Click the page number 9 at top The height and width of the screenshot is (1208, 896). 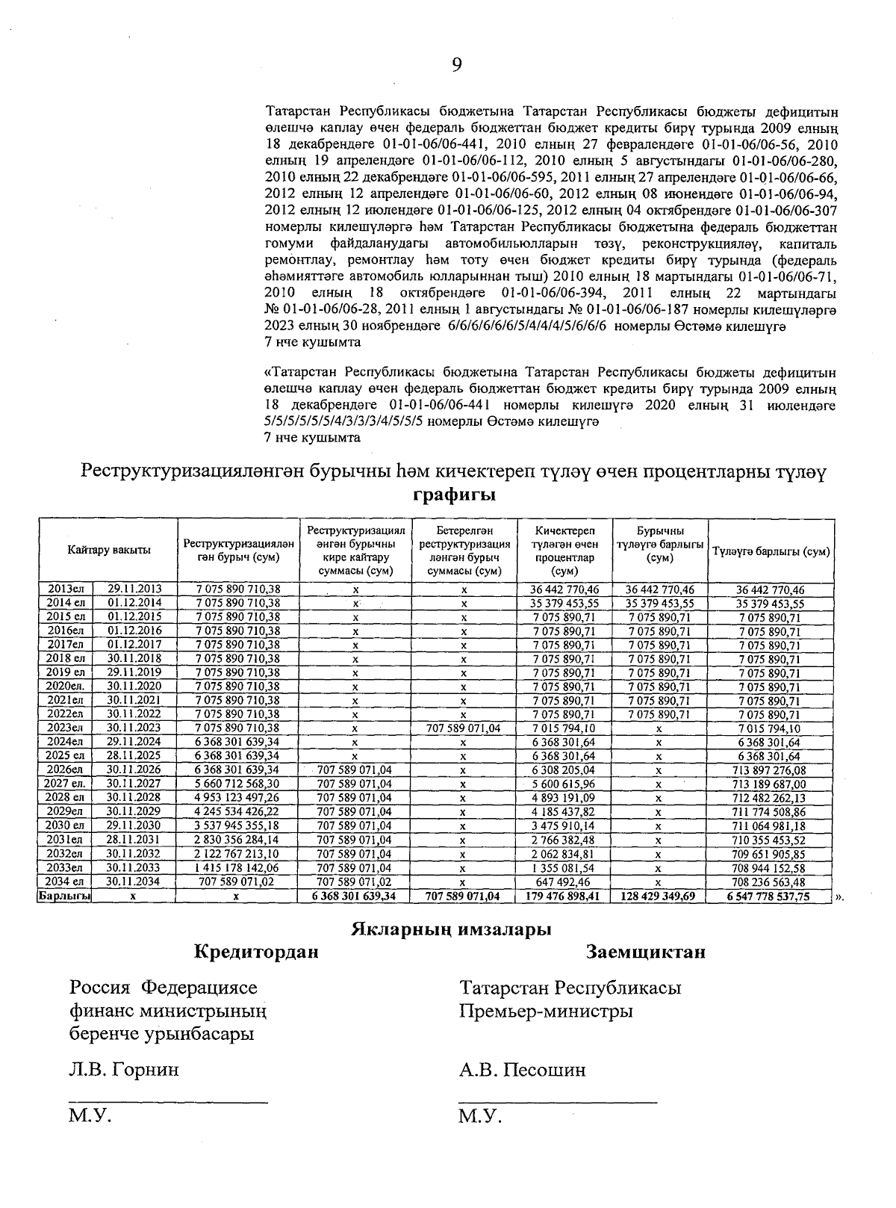pyautogui.click(x=457, y=66)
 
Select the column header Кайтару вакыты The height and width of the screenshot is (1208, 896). pyautogui.click(x=108, y=550)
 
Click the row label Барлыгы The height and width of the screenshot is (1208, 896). pyautogui.click(x=64, y=896)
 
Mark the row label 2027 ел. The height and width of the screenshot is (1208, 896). pyautogui.click(x=64, y=784)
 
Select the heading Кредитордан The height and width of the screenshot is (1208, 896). pyautogui.click(x=256, y=953)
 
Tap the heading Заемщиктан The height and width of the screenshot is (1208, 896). pyautogui.click(x=646, y=953)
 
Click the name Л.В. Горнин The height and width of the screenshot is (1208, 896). pyautogui.click(x=124, y=1070)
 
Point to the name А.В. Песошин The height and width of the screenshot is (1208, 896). pyautogui.click(x=523, y=1070)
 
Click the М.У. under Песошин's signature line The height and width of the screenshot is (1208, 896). pyautogui.click(x=480, y=1118)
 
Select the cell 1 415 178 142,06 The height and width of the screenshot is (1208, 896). pyautogui.click(x=237, y=868)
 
